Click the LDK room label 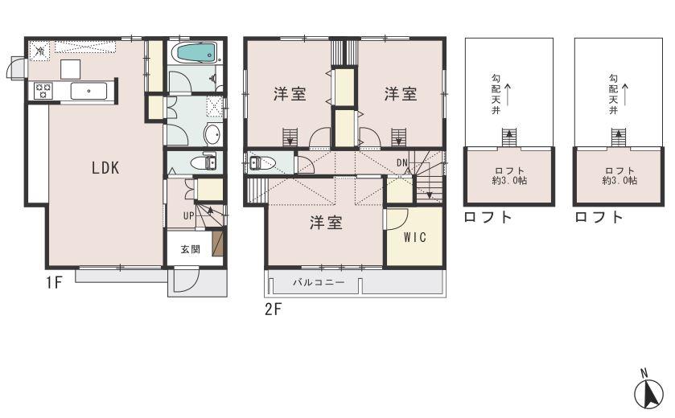(105, 168)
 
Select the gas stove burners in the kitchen (43, 90)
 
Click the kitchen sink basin (83, 91)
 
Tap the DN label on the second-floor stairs (402, 164)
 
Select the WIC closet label (414, 237)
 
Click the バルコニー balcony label (318, 283)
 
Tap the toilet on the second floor (263, 164)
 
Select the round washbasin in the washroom (211, 134)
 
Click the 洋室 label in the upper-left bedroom (289, 94)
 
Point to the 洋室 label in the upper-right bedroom (400, 94)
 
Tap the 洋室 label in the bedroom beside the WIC (326, 223)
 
